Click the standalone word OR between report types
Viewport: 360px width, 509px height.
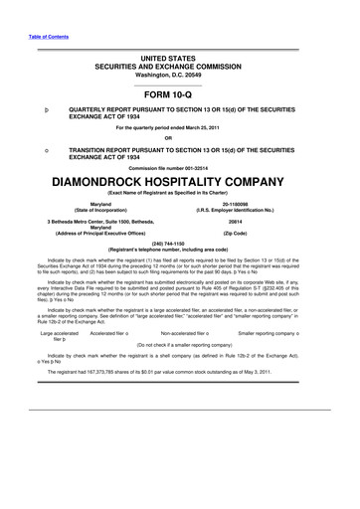click(x=179, y=136)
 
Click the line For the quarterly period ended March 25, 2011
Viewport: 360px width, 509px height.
click(x=179, y=126)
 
